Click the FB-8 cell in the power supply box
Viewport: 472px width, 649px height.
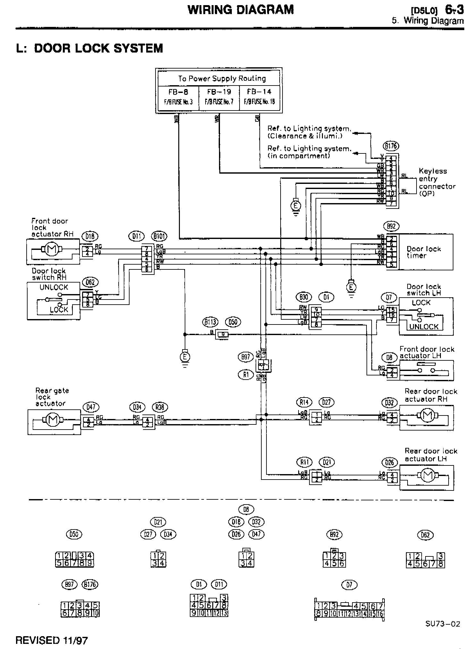tap(178, 96)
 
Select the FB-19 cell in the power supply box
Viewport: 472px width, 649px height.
tap(219, 96)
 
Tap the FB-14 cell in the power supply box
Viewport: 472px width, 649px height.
tap(259, 96)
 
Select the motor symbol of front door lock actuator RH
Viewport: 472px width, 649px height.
tap(50, 249)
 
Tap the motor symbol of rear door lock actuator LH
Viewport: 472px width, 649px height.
tap(426, 477)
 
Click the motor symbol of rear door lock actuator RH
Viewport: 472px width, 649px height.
tap(426, 416)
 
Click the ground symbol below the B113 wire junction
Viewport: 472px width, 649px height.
tap(185, 357)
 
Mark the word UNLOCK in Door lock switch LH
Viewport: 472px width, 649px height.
tap(424, 327)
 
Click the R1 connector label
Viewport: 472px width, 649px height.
tap(246, 374)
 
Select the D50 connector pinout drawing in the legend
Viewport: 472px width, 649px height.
tap(74, 560)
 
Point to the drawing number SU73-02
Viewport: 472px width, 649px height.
tap(442, 624)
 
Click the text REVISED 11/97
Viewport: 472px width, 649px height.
tap(51, 640)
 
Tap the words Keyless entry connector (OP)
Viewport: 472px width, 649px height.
tap(437, 182)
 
